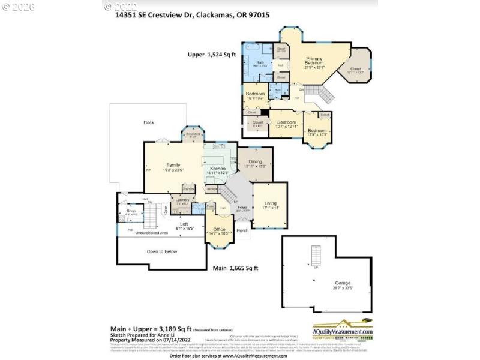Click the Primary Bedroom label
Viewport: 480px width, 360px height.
pos(314,60)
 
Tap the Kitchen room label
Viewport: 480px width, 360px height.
pos(217,169)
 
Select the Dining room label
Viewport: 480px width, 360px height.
pos(255,162)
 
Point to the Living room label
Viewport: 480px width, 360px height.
pos(270,204)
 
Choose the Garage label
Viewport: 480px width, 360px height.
pos(343,283)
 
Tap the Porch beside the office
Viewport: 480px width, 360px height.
pos(243,230)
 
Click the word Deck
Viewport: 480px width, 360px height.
pos(149,122)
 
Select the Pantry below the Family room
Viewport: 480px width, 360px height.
pos(188,188)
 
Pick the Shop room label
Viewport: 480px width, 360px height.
pos(131,211)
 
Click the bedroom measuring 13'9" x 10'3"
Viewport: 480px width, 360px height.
pos(317,131)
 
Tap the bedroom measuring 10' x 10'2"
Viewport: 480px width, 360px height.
pos(255,94)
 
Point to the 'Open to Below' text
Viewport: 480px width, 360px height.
pos(162,251)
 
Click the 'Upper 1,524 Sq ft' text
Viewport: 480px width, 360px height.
pos(212,54)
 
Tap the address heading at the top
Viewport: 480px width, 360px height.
pos(193,17)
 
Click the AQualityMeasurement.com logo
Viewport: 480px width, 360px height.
pos(352,329)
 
